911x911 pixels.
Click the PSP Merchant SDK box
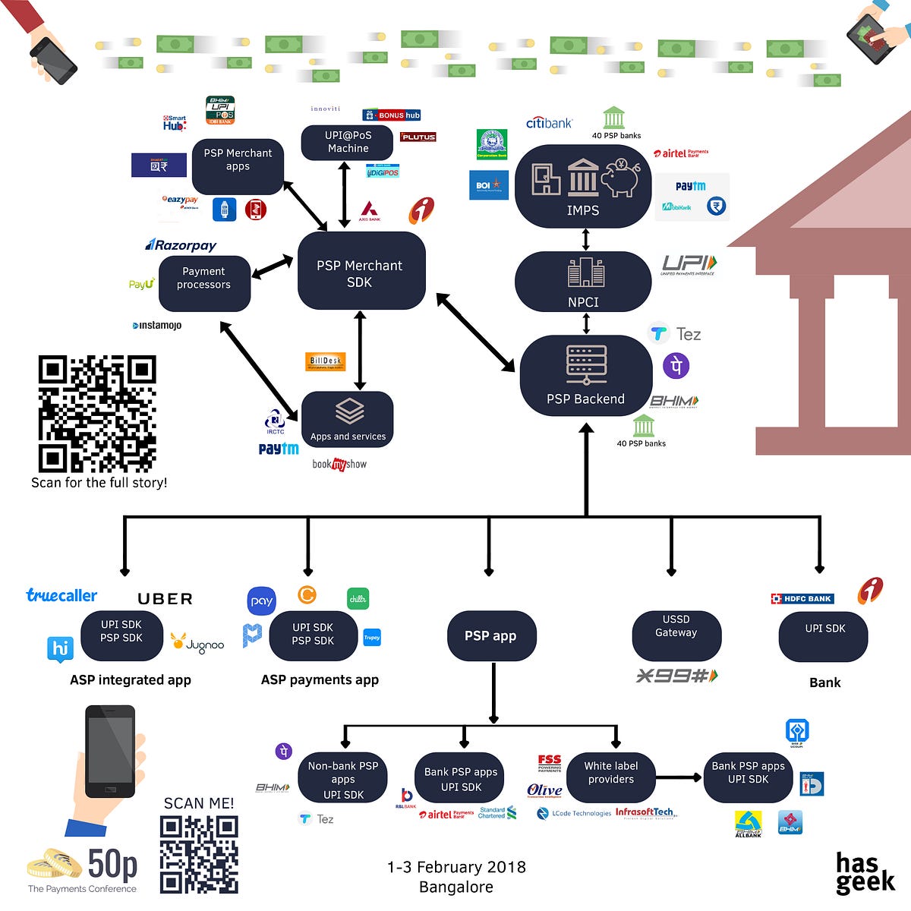pos(361,271)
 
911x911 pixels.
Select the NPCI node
pos(583,281)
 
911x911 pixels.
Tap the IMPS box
pos(583,185)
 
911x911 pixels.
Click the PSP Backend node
pos(585,375)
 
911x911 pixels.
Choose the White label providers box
pos(611,776)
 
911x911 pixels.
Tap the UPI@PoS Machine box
pos(348,142)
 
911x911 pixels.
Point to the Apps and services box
pos(348,419)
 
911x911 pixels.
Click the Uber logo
pos(165,599)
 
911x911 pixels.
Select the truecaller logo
pos(61,595)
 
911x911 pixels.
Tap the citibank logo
pos(549,122)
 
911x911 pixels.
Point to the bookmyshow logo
pos(339,464)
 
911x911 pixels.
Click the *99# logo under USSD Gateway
pos(676,675)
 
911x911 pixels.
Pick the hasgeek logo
pos(865,872)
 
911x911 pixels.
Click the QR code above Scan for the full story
pos(97,414)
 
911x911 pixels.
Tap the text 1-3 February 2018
pos(455,867)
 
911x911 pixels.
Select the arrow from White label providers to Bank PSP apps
pos(678,777)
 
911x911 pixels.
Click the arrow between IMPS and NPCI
pos(585,240)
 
